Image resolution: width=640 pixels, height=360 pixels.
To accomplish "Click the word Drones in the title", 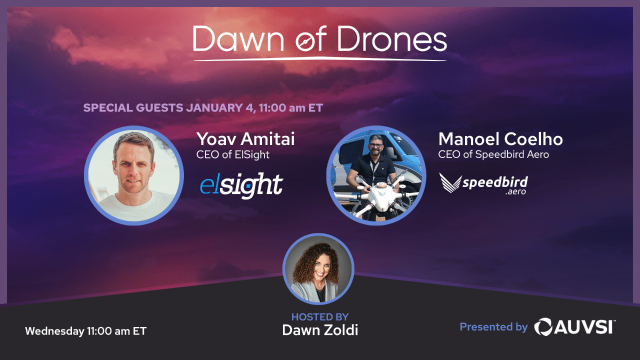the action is coord(392,39).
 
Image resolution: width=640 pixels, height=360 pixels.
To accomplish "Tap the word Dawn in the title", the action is coord(238,39).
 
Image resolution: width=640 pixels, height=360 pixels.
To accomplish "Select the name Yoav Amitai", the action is coord(245,139).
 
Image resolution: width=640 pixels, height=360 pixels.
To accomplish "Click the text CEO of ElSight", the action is coord(232,154).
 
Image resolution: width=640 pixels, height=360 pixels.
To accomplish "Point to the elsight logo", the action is coord(241,185).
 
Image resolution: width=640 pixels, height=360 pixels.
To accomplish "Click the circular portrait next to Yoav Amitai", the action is coord(133,175).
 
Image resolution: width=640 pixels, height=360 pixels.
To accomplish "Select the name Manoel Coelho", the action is coord(500,139).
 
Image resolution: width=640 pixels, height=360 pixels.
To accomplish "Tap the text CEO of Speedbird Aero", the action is coord(493,154).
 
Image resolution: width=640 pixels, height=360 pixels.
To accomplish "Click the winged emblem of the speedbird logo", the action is coord(450,182).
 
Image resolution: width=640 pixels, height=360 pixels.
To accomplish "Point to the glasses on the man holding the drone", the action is coord(375,145).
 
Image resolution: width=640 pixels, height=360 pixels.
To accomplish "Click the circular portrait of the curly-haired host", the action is coord(318,269).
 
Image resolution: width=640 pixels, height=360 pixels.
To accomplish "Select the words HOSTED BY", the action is coord(320,317).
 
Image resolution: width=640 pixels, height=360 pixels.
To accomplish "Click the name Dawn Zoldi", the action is coord(320,330).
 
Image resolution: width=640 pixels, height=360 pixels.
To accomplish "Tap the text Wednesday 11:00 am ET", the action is coord(85,331).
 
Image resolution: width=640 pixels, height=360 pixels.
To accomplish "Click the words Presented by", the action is coord(493,327).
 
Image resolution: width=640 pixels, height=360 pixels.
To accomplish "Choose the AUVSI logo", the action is coord(575,327).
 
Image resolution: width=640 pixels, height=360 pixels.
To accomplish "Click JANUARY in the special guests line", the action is coord(214,107).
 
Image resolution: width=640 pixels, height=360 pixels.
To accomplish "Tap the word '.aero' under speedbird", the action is coord(515,191).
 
